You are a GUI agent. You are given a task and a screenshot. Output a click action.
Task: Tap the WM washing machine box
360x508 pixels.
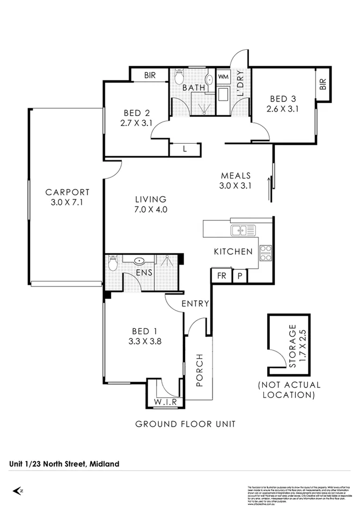(x=223, y=77)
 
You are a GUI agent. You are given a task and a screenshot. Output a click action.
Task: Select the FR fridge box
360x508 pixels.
(x=221, y=276)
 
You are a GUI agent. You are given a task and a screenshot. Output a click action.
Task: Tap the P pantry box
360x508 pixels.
(x=240, y=276)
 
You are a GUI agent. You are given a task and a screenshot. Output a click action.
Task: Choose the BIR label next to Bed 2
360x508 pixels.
(x=150, y=76)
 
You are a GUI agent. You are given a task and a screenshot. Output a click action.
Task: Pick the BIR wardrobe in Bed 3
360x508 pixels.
(x=322, y=84)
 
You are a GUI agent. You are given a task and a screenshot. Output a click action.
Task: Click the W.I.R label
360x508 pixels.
(x=166, y=402)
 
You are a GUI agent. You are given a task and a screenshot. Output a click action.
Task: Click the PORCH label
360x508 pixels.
(x=200, y=370)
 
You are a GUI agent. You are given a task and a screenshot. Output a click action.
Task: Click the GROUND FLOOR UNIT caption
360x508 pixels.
(x=185, y=424)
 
